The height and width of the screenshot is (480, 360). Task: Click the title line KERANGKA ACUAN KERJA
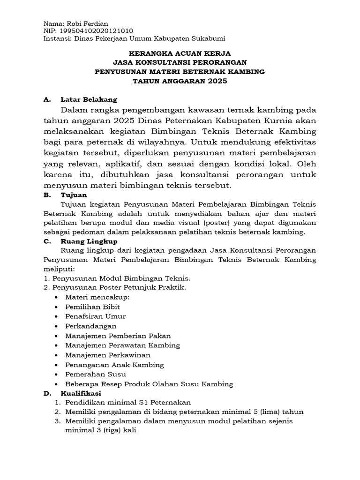tap(180, 53)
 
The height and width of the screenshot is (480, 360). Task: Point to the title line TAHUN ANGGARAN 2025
tap(180, 81)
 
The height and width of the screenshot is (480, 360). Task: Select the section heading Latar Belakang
tap(89, 99)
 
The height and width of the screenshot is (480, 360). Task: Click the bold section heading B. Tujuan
tap(74, 195)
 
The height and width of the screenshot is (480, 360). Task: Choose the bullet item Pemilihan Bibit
tap(92, 307)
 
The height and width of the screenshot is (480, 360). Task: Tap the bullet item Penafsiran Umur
tap(96, 316)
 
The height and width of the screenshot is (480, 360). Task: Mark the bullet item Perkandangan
tap(91, 326)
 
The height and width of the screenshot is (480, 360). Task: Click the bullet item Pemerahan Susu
tap(95, 374)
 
